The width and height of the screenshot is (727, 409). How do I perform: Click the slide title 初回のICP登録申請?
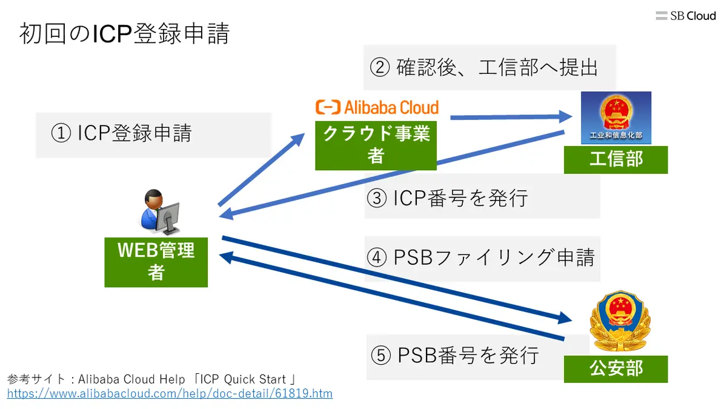(124, 33)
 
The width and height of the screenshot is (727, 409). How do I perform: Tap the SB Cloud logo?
(686, 16)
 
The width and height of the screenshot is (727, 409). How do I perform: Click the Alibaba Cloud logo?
(377, 108)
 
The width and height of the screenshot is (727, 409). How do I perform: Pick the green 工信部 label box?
(616, 159)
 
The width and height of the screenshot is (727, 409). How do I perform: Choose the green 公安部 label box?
(616, 368)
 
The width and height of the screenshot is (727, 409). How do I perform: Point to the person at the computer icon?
(159, 212)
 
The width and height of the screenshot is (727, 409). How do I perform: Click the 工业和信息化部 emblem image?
(616, 118)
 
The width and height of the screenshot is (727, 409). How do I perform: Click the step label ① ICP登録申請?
(121, 133)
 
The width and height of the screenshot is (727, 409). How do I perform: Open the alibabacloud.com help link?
(170, 394)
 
